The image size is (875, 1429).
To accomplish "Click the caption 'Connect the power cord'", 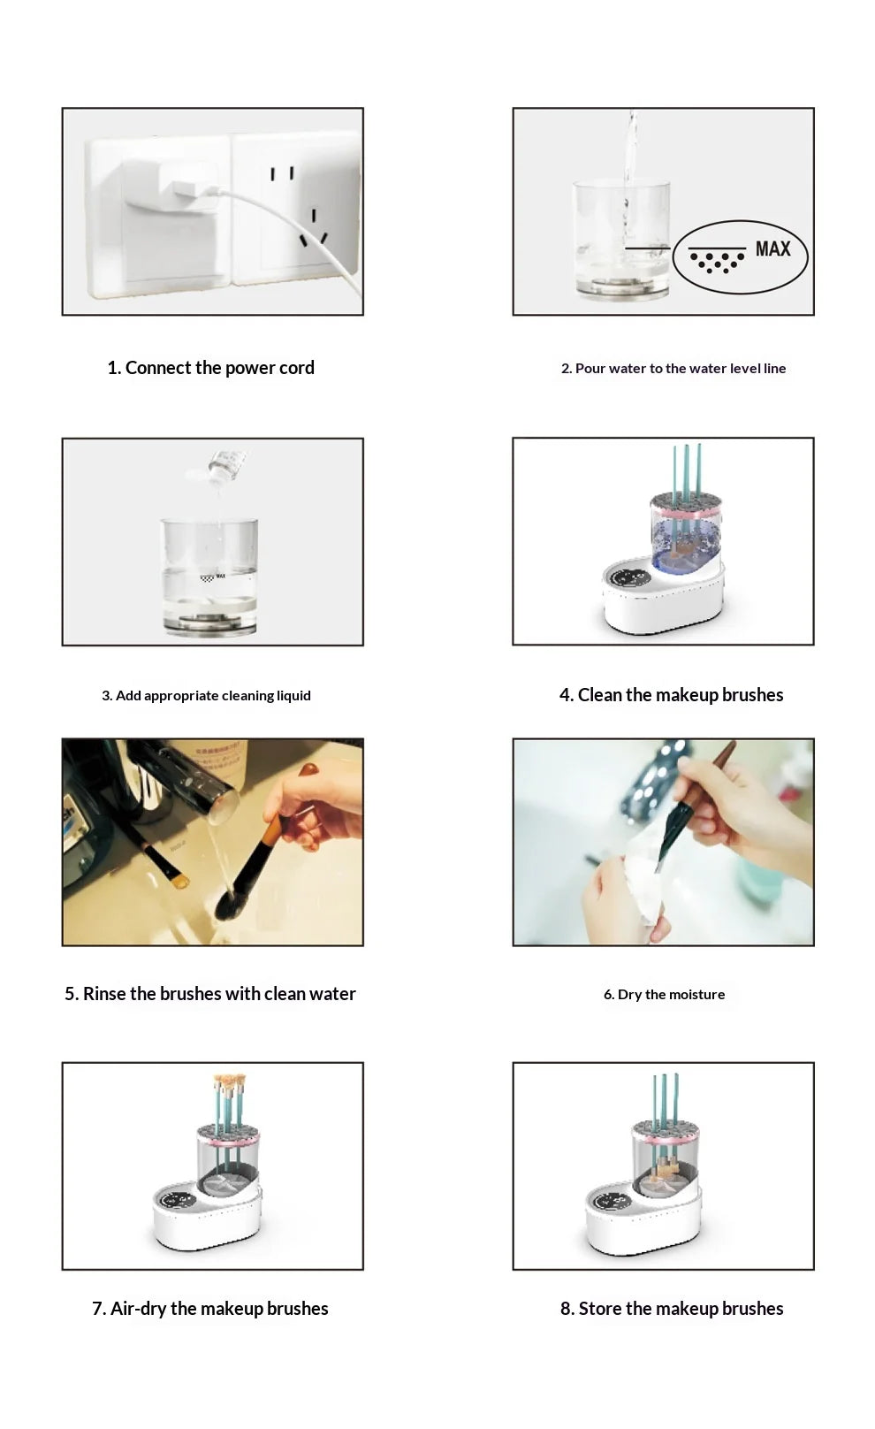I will (210, 368).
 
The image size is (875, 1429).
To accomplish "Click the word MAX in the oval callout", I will (772, 249).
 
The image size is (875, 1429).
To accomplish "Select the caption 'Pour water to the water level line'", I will (673, 369).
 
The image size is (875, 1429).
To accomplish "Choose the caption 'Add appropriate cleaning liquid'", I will (206, 696).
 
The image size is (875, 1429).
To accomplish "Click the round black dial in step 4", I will (630, 578).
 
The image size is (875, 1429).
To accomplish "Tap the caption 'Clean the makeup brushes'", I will (671, 695).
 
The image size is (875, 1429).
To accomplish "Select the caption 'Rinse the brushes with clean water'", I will (209, 994).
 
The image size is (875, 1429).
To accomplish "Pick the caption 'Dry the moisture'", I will (664, 995).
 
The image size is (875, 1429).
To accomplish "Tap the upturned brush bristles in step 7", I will (229, 1082).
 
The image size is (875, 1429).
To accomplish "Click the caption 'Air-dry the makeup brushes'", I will (209, 1309).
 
